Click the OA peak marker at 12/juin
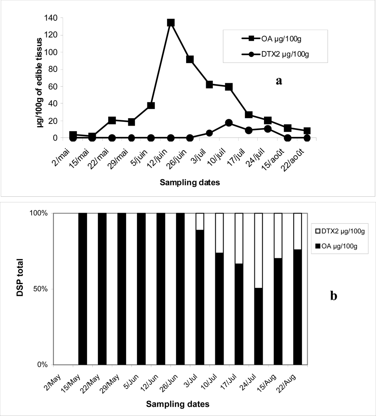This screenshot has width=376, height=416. tap(171, 22)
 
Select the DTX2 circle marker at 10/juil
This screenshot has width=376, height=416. tap(229, 123)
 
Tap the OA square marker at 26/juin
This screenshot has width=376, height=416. tap(190, 59)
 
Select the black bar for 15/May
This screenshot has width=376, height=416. tap(82, 289)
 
